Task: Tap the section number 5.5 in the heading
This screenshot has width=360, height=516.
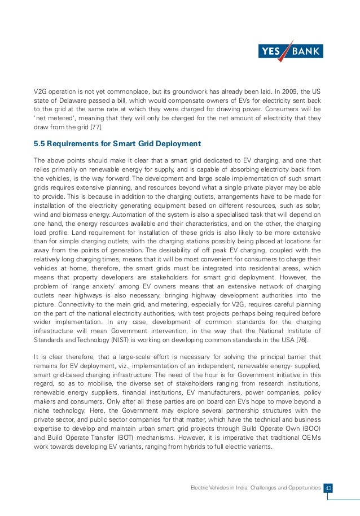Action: pyautogui.click(x=40, y=143)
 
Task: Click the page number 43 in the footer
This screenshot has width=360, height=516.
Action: pyautogui.click(x=330, y=487)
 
